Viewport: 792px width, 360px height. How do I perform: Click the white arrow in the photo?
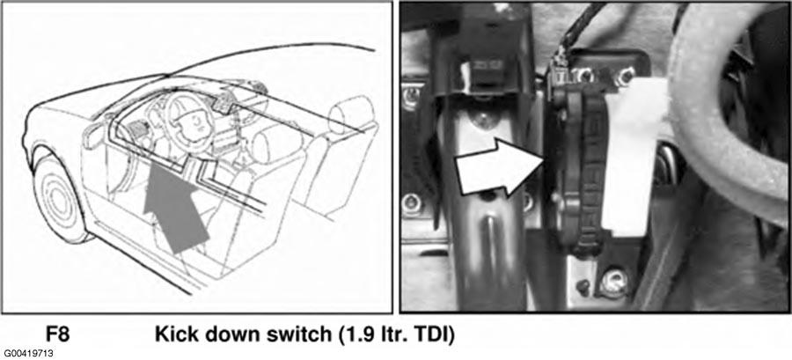(x=498, y=167)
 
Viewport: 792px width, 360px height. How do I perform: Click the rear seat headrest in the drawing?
(x=351, y=114)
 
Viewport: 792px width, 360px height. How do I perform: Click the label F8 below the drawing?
(x=57, y=334)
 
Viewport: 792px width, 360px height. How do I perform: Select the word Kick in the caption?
(x=175, y=334)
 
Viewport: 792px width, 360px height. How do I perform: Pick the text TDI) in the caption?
(x=436, y=334)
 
